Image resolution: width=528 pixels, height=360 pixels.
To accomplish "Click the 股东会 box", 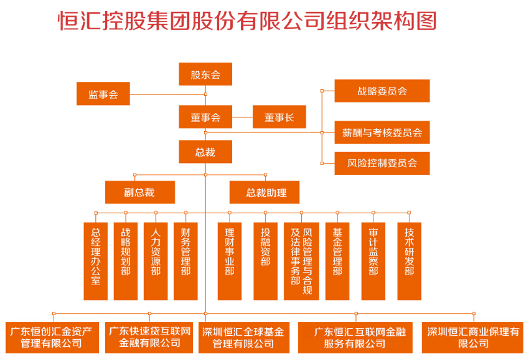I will pos(205,74).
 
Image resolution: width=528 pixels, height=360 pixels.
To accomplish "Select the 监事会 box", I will pos(103,94).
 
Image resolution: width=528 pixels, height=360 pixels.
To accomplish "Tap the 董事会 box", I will pos(205,117).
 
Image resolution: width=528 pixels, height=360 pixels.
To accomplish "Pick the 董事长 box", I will pos(279,117).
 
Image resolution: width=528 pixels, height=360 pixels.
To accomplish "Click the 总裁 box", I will pos(205,152).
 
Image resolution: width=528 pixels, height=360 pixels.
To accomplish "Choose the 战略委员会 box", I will pos(382,91).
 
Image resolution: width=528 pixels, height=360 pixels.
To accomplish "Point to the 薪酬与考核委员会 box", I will pos(382,132).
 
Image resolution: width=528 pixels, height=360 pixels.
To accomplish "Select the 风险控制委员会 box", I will pos(382,163).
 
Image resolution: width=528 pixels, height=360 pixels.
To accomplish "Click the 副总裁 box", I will pos(139,192).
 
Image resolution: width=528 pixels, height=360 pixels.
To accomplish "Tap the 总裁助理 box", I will pos(266,192).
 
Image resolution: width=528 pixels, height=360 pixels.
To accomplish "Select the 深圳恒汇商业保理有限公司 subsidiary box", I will pos(474,337).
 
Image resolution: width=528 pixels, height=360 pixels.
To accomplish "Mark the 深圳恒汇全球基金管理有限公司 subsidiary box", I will pos(243,337).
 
